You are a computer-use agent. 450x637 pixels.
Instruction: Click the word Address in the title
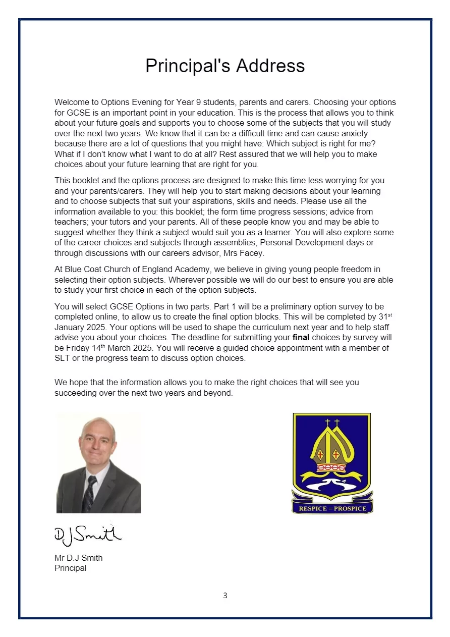click(x=271, y=66)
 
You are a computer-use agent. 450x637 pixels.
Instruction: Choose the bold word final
click(x=301, y=337)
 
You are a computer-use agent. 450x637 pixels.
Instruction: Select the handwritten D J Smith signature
click(x=87, y=534)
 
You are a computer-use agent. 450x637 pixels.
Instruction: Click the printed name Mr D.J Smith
click(x=78, y=558)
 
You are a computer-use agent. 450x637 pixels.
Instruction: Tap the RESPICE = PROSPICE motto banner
click(x=332, y=508)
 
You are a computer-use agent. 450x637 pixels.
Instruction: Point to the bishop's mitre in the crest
click(x=331, y=449)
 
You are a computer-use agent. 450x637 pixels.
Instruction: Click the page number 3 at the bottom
click(x=225, y=596)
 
